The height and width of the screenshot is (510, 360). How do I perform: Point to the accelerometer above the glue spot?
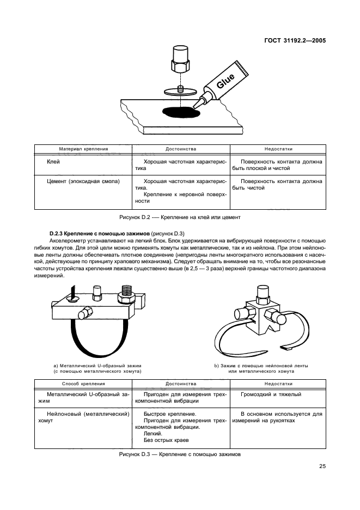pyautogui.click(x=180, y=60)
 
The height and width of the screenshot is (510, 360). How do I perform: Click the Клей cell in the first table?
pyautogui.click(x=53, y=162)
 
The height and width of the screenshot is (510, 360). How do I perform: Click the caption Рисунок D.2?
pyautogui.click(x=180, y=216)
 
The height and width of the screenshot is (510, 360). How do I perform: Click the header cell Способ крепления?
pyautogui.click(x=83, y=383)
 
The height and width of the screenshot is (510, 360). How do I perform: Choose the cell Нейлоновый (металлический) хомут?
pyautogui.click(x=83, y=417)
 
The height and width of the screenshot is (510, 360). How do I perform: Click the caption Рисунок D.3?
pyautogui.click(x=179, y=454)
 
